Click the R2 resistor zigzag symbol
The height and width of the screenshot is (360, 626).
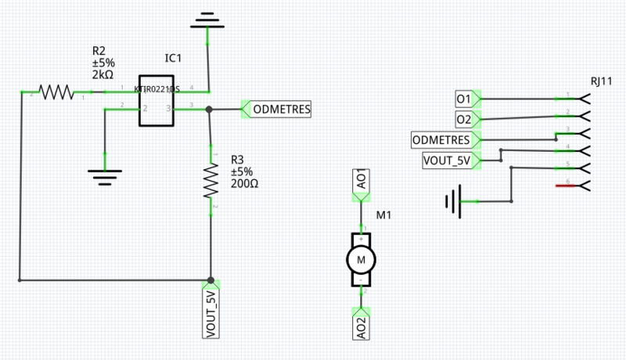pos(56,92)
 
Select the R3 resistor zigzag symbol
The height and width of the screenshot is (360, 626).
pos(210,181)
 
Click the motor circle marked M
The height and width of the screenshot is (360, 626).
pos(361,258)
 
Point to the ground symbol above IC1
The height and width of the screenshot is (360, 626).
pos(207,19)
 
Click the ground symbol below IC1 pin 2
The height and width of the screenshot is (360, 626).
pos(104,175)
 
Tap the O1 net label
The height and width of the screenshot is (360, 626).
pos(464,99)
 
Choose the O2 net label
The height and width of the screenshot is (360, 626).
pos(464,119)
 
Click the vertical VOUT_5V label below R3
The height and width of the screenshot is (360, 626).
pos(210,314)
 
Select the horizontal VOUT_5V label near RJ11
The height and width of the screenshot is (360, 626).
pos(448,161)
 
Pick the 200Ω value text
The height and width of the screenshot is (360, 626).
pos(244,185)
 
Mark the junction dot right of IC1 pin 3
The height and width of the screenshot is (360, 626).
pos(209,110)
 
